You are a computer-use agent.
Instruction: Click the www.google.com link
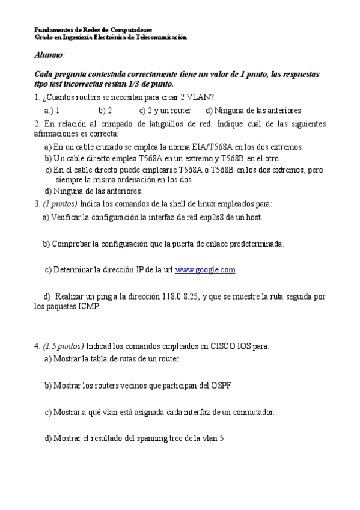[x=205, y=270]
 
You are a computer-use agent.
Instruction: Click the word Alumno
[x=49, y=55]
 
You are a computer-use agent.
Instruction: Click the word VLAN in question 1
[x=204, y=97]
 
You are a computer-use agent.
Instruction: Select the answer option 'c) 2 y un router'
[x=165, y=111]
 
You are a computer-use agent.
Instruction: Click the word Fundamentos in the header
[x=54, y=29]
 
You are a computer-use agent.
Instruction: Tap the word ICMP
[x=88, y=306]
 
